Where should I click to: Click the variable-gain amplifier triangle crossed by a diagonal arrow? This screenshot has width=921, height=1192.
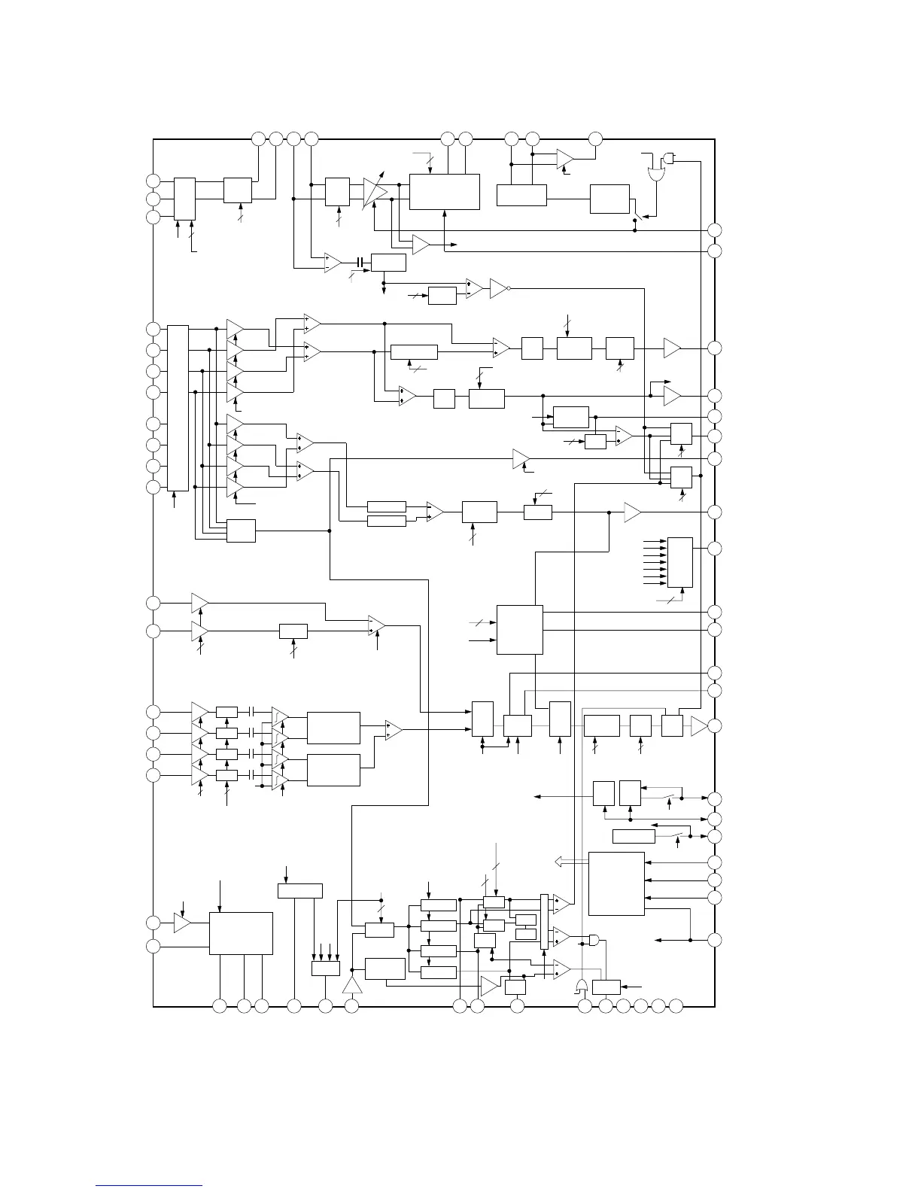[x=375, y=193]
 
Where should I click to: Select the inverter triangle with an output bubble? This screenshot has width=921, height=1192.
[x=500, y=288]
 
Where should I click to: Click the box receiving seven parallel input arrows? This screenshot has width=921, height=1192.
[x=680, y=562]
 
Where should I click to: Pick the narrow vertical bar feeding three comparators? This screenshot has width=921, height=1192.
[x=545, y=932]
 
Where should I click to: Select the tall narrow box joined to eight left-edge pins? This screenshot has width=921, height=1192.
[x=178, y=407]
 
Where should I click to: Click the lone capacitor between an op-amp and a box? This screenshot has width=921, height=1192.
[x=362, y=263]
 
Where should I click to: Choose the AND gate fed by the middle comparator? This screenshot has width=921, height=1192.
[x=594, y=940]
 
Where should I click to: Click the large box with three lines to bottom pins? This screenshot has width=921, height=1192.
[x=241, y=933]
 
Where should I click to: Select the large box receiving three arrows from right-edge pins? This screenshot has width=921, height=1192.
[x=616, y=883]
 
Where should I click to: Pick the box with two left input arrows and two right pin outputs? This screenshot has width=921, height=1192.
[x=520, y=630]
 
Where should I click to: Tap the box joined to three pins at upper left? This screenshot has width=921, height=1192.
[x=184, y=199]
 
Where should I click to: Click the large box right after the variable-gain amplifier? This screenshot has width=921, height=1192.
[x=444, y=192]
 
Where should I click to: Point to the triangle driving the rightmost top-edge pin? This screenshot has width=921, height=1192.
[x=565, y=159]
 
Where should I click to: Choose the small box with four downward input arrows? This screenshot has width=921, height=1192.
[x=326, y=968]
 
